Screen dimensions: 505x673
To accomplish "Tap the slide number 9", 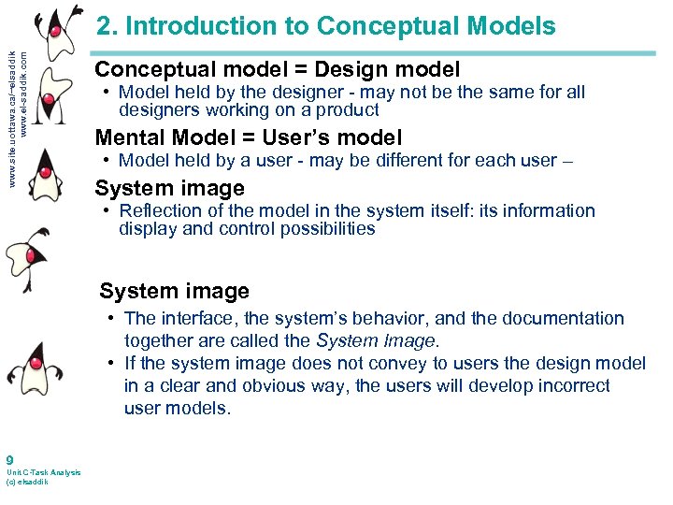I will tap(8, 460).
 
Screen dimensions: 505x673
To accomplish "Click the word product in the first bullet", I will tap(348, 110).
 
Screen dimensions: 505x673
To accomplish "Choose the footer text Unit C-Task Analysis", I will tap(43, 472).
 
